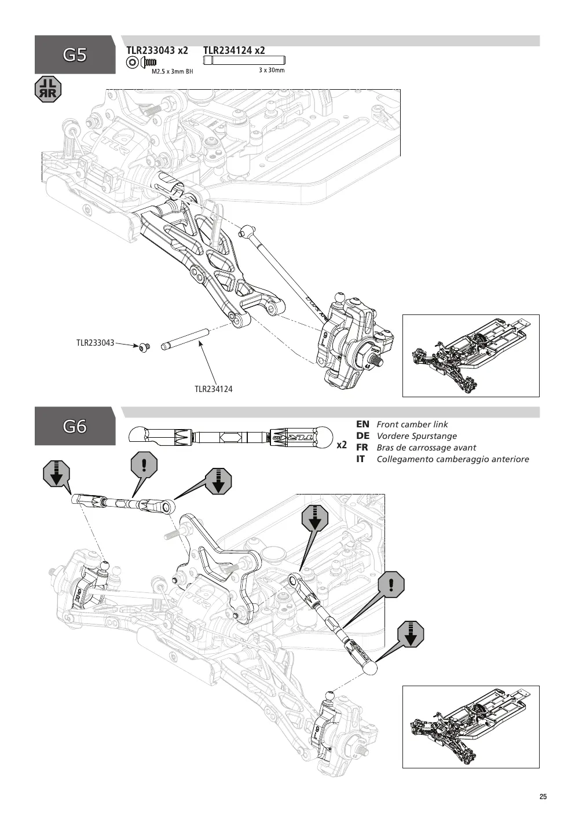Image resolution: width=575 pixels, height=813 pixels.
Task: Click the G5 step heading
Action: pyautogui.click(x=75, y=55)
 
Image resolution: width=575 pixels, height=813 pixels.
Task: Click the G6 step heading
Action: pyautogui.click(x=75, y=426)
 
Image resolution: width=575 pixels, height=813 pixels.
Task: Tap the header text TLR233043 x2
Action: pyautogui.click(x=157, y=50)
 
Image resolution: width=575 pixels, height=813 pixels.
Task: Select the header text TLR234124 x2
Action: pyautogui.click(x=234, y=50)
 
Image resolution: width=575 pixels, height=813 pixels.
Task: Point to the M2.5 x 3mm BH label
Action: pyautogui.click(x=173, y=71)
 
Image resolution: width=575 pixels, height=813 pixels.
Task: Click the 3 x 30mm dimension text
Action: pyautogui.click(x=272, y=70)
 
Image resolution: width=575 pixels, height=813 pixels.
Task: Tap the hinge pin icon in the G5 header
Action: pyautogui.click(x=244, y=60)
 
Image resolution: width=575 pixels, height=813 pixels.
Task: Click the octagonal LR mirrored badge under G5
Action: pyautogui.click(x=48, y=89)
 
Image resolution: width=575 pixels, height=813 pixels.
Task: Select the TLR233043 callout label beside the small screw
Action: pyautogui.click(x=96, y=343)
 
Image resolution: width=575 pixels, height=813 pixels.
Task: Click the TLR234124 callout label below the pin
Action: pyautogui.click(x=214, y=389)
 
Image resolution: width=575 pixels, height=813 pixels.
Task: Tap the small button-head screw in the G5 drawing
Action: pyautogui.click(x=145, y=347)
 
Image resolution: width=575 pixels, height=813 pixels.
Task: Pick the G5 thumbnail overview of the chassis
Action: pyautogui.click(x=471, y=356)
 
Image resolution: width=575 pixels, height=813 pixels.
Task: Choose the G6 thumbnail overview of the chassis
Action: pyautogui.click(x=471, y=727)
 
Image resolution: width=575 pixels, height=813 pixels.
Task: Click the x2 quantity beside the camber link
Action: pyautogui.click(x=342, y=445)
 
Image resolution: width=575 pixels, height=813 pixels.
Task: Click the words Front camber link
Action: pyautogui.click(x=412, y=424)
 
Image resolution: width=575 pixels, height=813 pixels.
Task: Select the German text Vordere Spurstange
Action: pyautogui.click(x=417, y=436)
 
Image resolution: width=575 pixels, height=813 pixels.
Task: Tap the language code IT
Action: pyautogui.click(x=360, y=459)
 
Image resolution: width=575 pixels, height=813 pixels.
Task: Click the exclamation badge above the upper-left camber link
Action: pyautogui.click(x=144, y=465)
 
